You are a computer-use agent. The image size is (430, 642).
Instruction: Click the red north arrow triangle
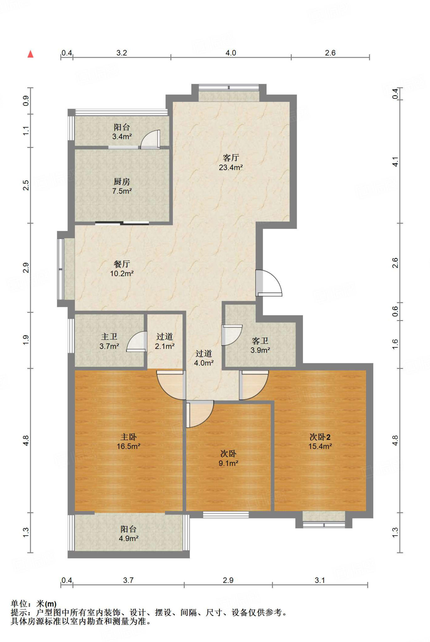[30, 54]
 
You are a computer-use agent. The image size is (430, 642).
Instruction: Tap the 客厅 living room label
[231, 157]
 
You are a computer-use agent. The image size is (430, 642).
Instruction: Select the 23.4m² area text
[231, 167]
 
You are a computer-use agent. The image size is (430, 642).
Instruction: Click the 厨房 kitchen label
[122, 182]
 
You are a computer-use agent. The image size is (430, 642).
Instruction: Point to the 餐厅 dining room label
[122, 264]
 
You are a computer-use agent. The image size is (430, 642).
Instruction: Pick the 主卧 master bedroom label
[129, 437]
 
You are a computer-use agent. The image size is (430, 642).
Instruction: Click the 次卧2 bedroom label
[320, 437]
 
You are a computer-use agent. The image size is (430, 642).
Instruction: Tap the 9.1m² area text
[228, 463]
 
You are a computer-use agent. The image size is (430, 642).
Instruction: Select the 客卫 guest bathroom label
[260, 340]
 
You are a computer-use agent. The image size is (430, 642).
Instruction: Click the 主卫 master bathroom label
[109, 336]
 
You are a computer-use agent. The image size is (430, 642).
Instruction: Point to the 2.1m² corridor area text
[165, 346]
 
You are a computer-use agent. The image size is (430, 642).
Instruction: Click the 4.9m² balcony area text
[129, 538]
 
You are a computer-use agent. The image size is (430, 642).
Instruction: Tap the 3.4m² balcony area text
[122, 136]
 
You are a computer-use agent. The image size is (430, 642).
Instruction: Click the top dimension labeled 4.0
[231, 53]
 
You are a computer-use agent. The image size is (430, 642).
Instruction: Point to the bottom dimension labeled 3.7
[128, 580]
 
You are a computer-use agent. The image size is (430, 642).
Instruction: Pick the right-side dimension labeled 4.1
[395, 162]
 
